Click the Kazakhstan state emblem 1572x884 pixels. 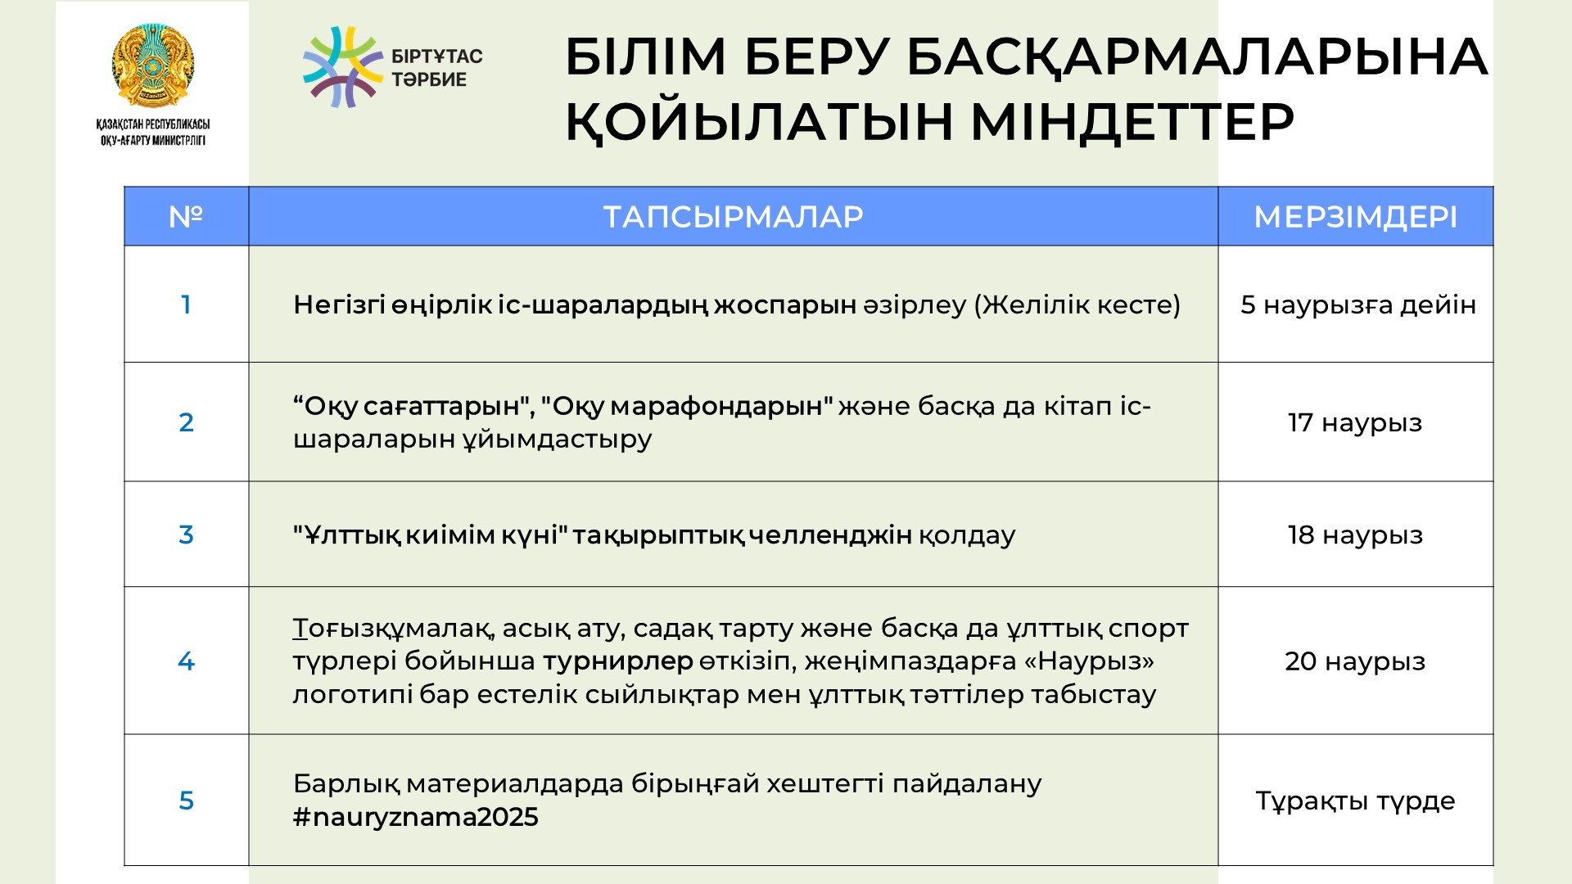(x=153, y=66)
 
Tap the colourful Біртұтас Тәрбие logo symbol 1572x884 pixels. (x=343, y=67)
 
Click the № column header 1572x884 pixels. (x=186, y=217)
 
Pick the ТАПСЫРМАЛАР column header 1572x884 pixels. (x=734, y=217)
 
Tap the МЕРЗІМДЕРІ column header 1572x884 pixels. (x=1356, y=217)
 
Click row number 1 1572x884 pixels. (x=186, y=304)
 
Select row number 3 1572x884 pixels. (x=186, y=534)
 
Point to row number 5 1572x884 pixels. (x=186, y=801)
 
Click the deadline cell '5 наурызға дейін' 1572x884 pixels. (x=1358, y=304)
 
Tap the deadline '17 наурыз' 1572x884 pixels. (x=1355, y=422)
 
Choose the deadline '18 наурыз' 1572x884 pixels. (x=1355, y=534)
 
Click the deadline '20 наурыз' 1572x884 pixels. (x=1355, y=661)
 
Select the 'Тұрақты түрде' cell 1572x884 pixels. (x=1355, y=801)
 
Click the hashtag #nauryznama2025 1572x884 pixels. (x=416, y=817)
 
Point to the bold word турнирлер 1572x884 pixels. (x=618, y=661)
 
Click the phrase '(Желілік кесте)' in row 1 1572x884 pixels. (x=1077, y=304)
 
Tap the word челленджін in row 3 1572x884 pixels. (x=830, y=534)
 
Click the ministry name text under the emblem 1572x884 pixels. (x=153, y=133)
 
